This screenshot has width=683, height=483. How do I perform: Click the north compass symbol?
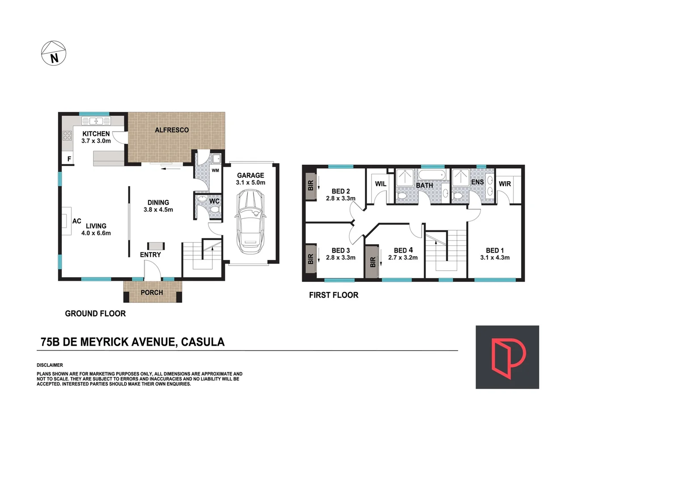[x=54, y=53]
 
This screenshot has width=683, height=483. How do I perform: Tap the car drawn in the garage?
[x=250, y=221]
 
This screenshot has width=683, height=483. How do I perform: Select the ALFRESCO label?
[x=172, y=130]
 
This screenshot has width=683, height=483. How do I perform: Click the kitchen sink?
[x=96, y=121]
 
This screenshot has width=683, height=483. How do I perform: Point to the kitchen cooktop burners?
[x=67, y=136]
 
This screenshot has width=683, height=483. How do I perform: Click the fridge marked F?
[x=69, y=159]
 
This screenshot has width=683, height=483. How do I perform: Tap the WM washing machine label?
[x=215, y=170]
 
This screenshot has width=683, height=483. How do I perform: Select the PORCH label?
[x=152, y=292]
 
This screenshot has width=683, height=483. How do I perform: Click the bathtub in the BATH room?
[x=432, y=175]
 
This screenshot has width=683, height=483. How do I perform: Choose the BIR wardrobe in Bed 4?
[x=372, y=262]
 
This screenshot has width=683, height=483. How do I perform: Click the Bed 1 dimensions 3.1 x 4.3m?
[x=495, y=258]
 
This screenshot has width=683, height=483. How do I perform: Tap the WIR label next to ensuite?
[x=505, y=184]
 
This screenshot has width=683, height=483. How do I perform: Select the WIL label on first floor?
[x=380, y=184]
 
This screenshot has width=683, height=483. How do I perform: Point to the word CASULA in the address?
[x=203, y=342]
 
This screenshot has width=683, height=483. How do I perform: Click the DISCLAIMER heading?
[x=50, y=365]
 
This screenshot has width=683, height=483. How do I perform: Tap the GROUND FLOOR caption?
[x=95, y=314]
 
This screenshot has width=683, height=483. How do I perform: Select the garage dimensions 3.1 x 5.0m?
[x=250, y=182]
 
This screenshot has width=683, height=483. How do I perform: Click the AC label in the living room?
[x=76, y=221]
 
